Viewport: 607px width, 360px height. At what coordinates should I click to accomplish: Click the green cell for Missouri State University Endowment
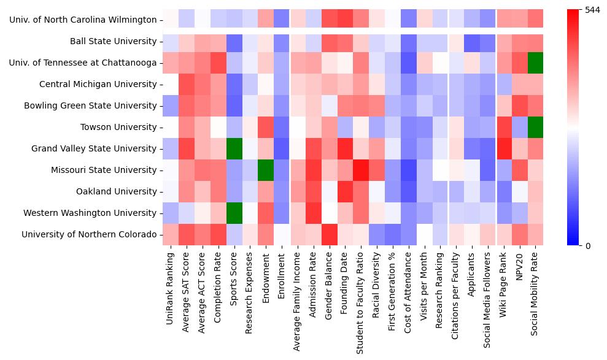pos(265,170)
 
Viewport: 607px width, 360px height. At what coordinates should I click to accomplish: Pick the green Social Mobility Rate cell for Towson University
pos(535,127)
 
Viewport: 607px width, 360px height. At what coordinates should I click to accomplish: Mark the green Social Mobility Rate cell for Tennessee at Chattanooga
pos(535,63)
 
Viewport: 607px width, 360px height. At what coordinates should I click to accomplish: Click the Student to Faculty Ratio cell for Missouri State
pos(361,170)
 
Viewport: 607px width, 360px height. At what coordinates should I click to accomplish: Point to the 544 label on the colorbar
pos(592,10)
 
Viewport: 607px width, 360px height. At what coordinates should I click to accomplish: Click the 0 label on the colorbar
pos(588,246)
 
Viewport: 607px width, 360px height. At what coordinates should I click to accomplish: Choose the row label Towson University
pos(118,127)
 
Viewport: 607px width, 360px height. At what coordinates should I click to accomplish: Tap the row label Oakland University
pos(116,191)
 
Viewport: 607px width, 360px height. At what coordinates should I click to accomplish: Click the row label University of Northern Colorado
pos(89,234)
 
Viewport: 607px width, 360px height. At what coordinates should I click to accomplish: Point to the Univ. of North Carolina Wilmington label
pos(83,20)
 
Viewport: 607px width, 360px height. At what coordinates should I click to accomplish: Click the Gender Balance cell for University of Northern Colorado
pos(329,234)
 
